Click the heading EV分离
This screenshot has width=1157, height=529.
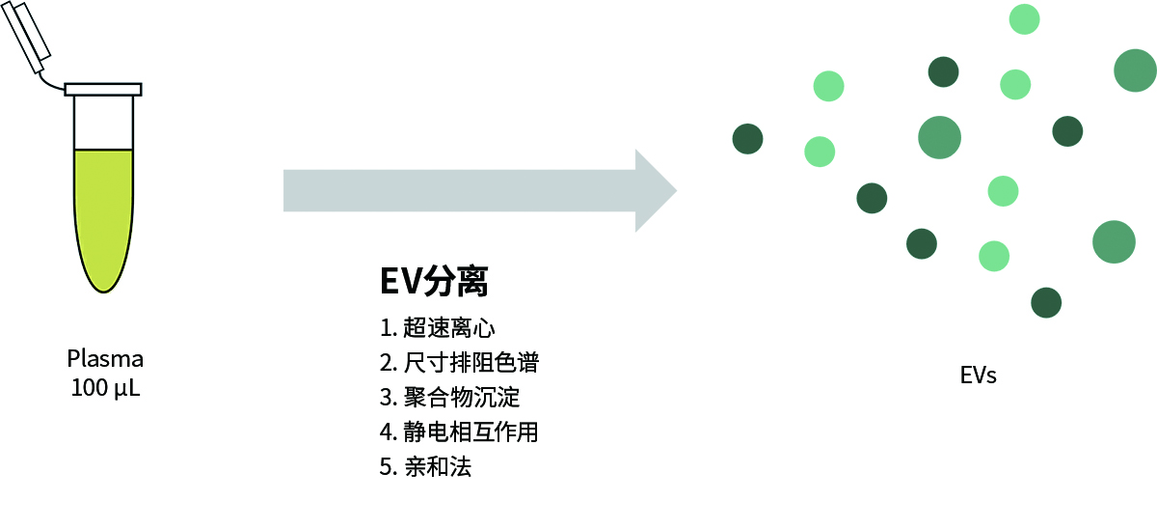(434, 281)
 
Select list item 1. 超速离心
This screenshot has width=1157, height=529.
(438, 328)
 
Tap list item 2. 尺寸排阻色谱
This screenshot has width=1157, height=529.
(459, 363)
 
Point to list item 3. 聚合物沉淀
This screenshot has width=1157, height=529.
(449, 398)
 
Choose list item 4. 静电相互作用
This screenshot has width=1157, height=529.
(459, 432)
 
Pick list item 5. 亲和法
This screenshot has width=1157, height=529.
(426, 467)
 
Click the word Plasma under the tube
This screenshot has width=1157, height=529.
(105, 359)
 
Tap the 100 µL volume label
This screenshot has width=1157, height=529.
(105, 389)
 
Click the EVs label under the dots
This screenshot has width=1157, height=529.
(978, 376)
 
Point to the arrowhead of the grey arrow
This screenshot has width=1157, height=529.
(655, 190)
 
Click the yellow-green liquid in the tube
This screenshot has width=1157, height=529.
(103, 212)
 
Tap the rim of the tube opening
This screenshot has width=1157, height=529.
(103, 89)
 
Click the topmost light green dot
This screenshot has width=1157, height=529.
(1024, 18)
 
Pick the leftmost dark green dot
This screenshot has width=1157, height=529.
(747, 139)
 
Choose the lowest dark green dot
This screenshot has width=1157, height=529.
(1046, 302)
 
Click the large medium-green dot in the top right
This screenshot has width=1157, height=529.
(1135, 70)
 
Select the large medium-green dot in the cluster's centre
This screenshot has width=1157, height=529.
(939, 137)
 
